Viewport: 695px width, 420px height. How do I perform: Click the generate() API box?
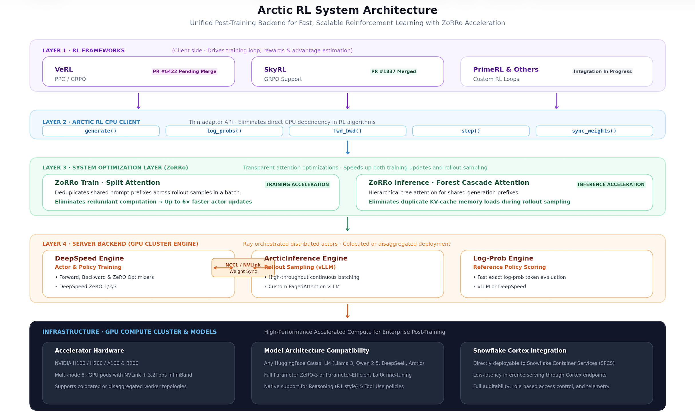[x=101, y=131]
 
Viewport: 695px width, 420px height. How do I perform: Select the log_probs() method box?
[x=224, y=131]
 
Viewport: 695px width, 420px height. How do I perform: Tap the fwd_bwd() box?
[x=347, y=131]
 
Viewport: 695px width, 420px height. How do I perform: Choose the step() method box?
[x=471, y=131]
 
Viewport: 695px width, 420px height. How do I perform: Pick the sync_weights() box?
[x=594, y=131]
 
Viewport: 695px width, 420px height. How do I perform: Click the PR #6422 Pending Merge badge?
[x=185, y=71]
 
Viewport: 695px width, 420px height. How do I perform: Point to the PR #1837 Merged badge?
[x=394, y=71]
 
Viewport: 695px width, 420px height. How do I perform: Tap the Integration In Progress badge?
[x=603, y=71]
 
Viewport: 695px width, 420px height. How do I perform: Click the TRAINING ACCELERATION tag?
[x=297, y=184]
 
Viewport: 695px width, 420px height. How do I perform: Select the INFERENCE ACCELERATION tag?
[x=611, y=184]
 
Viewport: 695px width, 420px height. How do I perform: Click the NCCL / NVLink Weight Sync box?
[x=243, y=268]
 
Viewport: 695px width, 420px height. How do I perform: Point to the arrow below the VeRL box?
[x=138, y=101]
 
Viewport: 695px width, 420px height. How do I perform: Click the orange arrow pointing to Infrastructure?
[x=347, y=311]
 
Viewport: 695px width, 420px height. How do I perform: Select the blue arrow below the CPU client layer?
[x=347, y=148]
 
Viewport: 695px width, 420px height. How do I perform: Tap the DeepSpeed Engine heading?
[x=89, y=258]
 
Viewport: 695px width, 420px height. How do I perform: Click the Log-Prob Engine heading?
[x=503, y=258]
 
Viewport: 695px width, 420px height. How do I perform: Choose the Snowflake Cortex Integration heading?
[x=520, y=351]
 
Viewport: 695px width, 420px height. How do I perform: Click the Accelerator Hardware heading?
[x=89, y=351]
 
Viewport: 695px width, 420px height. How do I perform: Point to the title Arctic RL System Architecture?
[x=347, y=10]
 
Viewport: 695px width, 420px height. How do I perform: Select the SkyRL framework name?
[x=275, y=69]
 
